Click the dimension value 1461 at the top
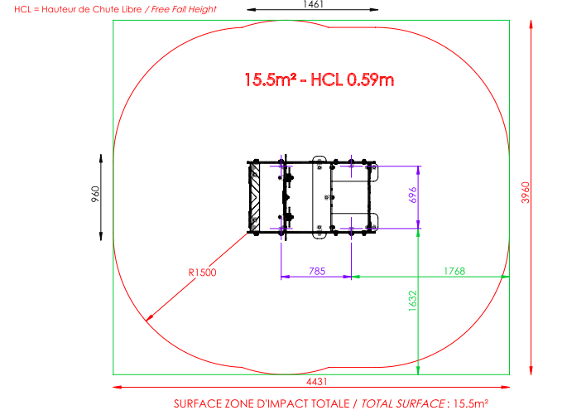click(313, 4)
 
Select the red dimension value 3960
click(526, 192)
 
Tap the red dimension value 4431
click(317, 382)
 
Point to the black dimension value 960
click(95, 194)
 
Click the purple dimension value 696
click(412, 195)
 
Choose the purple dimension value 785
click(317, 271)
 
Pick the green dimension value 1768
click(454, 271)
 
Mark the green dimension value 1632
click(412, 301)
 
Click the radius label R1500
click(202, 273)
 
